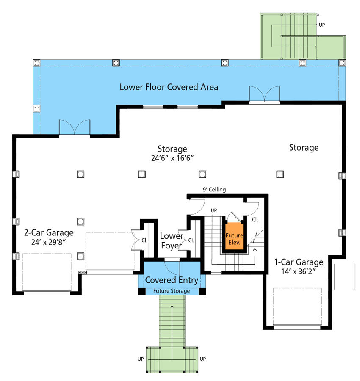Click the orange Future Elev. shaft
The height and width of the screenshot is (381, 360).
pos(234,236)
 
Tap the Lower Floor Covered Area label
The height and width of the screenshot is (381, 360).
pos(169,87)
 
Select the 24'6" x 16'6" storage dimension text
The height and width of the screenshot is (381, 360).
pos(172,158)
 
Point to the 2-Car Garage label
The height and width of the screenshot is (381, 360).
pos(49,232)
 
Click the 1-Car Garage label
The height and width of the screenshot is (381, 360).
pos(299,262)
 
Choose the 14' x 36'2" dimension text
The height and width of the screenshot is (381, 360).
pos(299,271)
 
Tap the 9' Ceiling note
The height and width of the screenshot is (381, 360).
pos(214,189)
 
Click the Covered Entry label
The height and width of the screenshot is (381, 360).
pos(172,280)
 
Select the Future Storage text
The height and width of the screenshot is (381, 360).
pos(172,291)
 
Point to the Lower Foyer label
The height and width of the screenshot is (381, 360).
pos(172,240)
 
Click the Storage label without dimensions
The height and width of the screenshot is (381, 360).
pos(304,147)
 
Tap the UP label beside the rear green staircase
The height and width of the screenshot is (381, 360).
pos(322,25)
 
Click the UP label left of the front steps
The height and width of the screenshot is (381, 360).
pos(141,359)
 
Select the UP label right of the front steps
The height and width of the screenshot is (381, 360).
pos(203,359)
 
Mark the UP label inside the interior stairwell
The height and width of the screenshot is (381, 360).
pos(214,210)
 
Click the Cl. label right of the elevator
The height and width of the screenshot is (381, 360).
pos(255,220)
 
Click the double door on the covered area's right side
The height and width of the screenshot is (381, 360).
pos(264,95)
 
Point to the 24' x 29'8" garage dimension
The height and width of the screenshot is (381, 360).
pos(49,242)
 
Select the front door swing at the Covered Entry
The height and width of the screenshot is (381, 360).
pos(172,267)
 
